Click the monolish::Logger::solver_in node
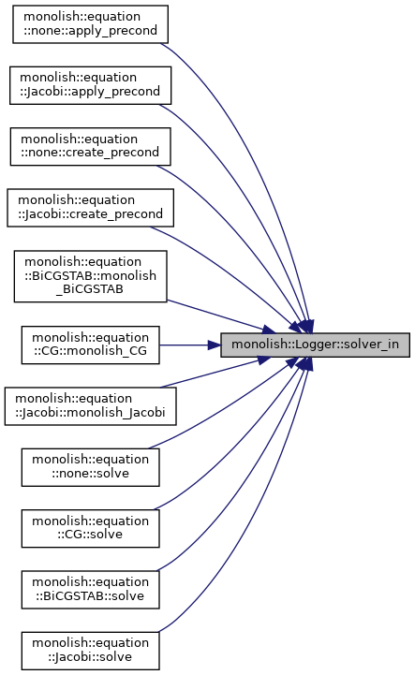pyautogui.click(x=315, y=345)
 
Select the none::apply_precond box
pyautogui.click(x=90, y=24)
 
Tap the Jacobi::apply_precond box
pyautogui.click(x=90, y=85)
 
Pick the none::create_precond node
pyautogui.click(x=90, y=146)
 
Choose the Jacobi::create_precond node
pyautogui.click(x=90, y=208)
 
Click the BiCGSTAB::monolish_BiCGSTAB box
pyautogui.click(x=90, y=276)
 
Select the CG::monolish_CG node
pyautogui.click(x=90, y=345)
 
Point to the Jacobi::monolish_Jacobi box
pyautogui.click(x=90, y=406)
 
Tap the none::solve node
pyautogui.click(x=90, y=467)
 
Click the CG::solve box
pyautogui.click(x=90, y=528)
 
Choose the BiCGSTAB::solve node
pyautogui.click(x=90, y=589)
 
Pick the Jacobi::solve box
pyautogui.click(x=90, y=651)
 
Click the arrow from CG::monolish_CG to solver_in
pyautogui.click(x=189, y=345)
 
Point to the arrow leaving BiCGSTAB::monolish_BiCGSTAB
pyautogui.click(x=221, y=316)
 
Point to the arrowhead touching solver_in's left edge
pyautogui.click(x=215, y=345)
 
